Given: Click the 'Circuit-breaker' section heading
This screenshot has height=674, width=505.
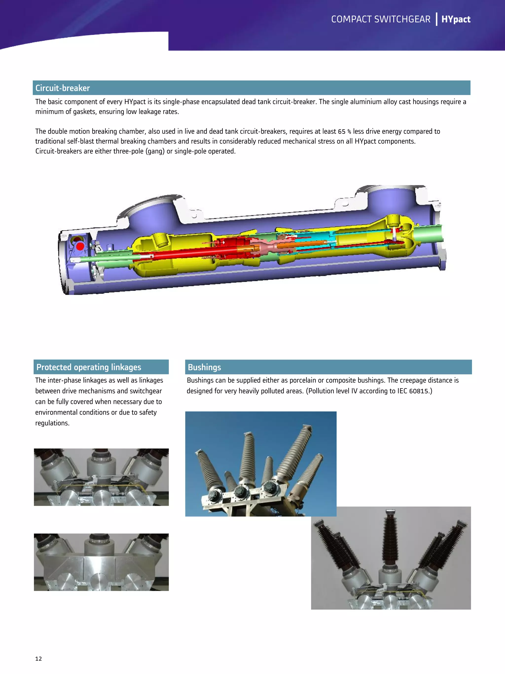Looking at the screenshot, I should coord(62,88).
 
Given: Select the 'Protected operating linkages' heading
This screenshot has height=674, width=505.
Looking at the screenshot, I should coord(89,367).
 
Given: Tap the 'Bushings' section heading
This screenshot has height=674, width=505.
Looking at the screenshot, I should coord(204,367).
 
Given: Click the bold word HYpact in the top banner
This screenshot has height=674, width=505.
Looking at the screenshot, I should coord(456,19).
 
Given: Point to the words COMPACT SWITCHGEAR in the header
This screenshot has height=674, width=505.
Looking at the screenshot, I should coord(381,19).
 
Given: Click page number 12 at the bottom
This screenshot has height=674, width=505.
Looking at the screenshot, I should coord(38,658).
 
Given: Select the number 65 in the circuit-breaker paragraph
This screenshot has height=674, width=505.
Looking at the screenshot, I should coord(342,132).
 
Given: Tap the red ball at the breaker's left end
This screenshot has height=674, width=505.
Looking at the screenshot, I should coord(80,246).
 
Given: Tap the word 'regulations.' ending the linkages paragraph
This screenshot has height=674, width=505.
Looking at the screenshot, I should coord(52,423).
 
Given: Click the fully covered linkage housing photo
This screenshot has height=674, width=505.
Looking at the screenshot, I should coord(101,562).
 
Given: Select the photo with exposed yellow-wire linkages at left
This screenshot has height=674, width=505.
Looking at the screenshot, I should coord(101,477).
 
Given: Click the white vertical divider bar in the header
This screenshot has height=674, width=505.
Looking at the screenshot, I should coord(436,19).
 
